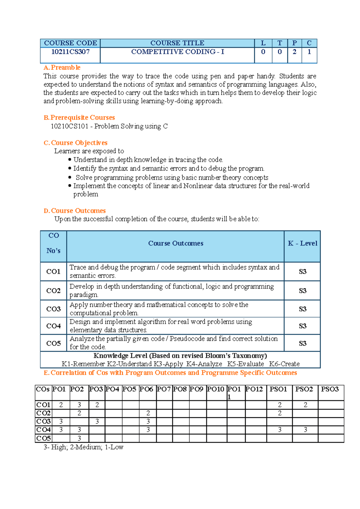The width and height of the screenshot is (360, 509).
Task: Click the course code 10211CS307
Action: pyautogui.click(x=70, y=52)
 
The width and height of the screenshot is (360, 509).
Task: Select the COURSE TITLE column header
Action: pyautogui.click(x=177, y=43)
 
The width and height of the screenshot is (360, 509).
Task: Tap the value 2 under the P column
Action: pyautogui.click(x=294, y=52)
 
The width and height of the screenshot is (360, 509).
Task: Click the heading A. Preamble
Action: pyautogui.click(x=62, y=67)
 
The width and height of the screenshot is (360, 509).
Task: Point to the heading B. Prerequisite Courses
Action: pyautogui.click(x=79, y=118)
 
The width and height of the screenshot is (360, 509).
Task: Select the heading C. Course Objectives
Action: pyautogui.click(x=76, y=143)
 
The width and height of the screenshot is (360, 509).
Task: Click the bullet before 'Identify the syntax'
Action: pyautogui.click(x=70, y=168)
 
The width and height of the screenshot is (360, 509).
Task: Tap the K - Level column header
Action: pyautogui.click(x=302, y=243)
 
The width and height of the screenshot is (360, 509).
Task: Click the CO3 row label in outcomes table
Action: pyautogui.click(x=53, y=309)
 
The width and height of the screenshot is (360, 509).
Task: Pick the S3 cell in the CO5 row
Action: pyautogui.click(x=302, y=344)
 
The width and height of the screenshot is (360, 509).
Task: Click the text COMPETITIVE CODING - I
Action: pyautogui.click(x=178, y=52)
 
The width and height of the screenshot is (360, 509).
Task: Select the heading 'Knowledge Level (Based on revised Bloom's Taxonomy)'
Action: pyautogui.click(x=180, y=356)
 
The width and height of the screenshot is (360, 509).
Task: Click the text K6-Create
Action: pyautogui.click(x=284, y=364)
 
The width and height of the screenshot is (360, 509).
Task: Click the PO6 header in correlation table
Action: pyautogui.click(x=146, y=389)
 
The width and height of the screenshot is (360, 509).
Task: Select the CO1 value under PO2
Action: pyautogui.click(x=79, y=405)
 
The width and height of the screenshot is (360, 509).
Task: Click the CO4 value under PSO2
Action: pyautogui.click(x=305, y=430)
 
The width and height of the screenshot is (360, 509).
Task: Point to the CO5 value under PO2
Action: pyautogui.click(x=79, y=438)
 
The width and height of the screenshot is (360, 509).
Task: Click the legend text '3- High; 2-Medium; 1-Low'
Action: pyautogui.click(x=83, y=447)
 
